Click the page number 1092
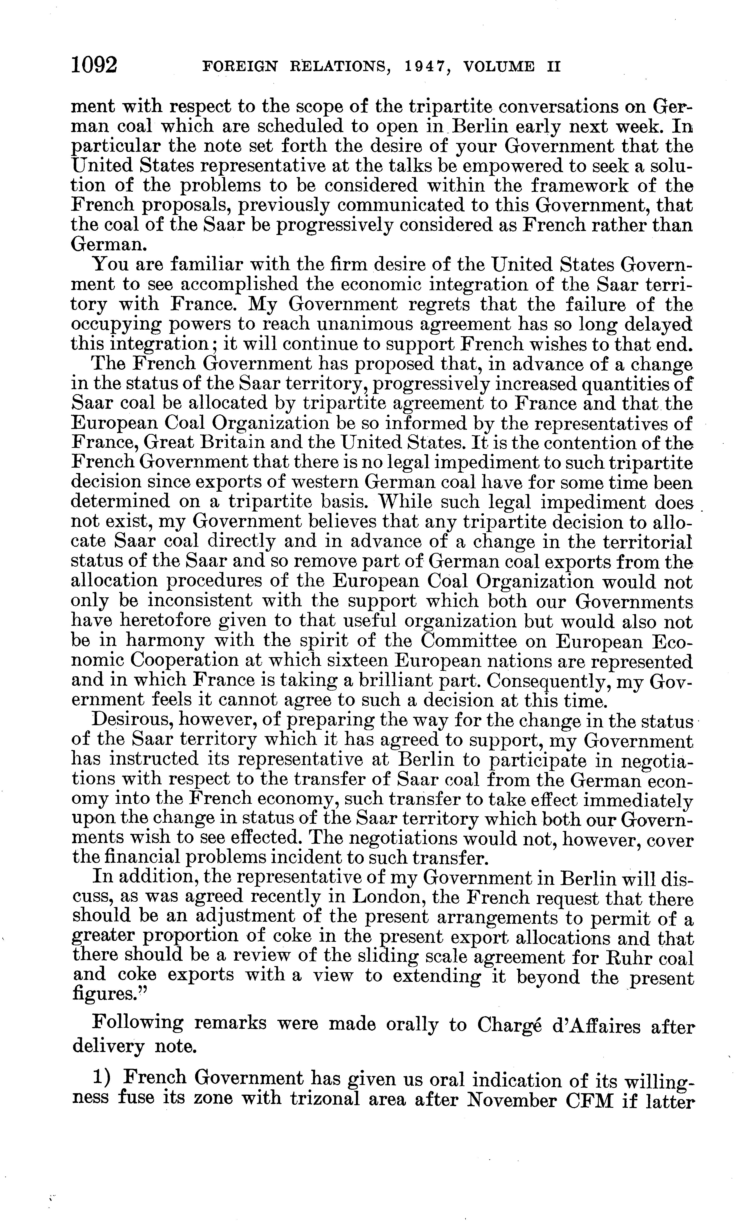(94, 65)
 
